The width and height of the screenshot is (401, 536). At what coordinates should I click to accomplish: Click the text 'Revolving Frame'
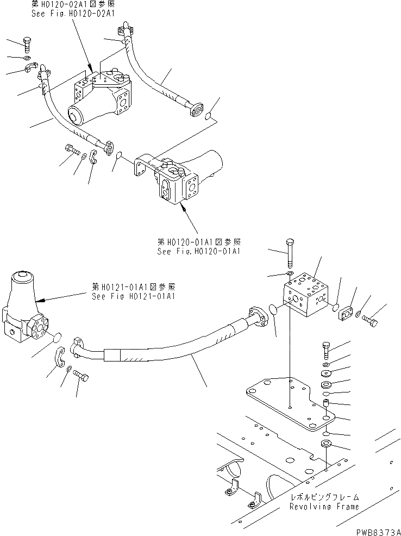pos(324,506)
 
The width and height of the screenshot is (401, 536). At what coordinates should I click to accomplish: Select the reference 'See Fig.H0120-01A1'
pos(198,251)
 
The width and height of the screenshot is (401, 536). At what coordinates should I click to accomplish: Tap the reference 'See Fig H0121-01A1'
pos(133,296)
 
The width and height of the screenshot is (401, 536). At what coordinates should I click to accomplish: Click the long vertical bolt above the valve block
pos(289,253)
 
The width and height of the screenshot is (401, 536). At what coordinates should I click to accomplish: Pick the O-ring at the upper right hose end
pos(210,115)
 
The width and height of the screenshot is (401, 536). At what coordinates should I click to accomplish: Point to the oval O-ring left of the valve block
pos(274,311)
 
